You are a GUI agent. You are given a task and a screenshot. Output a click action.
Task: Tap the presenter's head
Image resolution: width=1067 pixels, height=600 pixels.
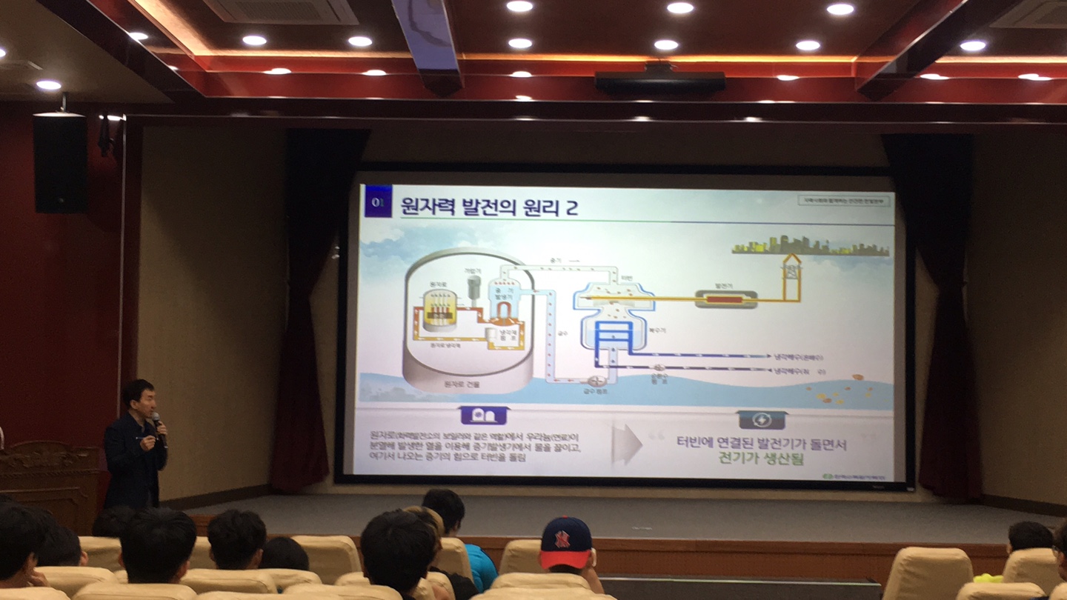tap(139, 399)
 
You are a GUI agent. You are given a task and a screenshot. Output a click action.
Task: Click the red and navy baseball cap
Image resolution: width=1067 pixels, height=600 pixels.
tap(565, 543)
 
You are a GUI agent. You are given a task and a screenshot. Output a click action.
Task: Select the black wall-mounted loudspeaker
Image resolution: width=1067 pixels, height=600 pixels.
tap(60, 163)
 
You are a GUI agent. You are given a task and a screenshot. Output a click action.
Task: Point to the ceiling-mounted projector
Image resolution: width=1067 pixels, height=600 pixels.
tap(659, 81)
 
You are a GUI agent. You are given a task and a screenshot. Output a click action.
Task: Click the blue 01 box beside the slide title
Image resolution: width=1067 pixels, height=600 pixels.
tap(377, 201)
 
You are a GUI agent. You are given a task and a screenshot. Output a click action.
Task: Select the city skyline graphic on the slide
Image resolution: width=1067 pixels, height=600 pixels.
tap(811, 246)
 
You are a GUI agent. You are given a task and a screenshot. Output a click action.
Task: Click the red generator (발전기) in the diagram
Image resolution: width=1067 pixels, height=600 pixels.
tap(725, 299)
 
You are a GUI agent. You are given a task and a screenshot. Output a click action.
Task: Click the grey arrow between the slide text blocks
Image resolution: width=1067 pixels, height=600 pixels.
tap(627, 444)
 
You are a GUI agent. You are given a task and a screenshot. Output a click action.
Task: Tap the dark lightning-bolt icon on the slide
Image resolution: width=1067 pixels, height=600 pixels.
tap(762, 420)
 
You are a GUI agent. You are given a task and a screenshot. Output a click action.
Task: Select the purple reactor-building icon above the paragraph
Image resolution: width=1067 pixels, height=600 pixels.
tap(483, 416)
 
